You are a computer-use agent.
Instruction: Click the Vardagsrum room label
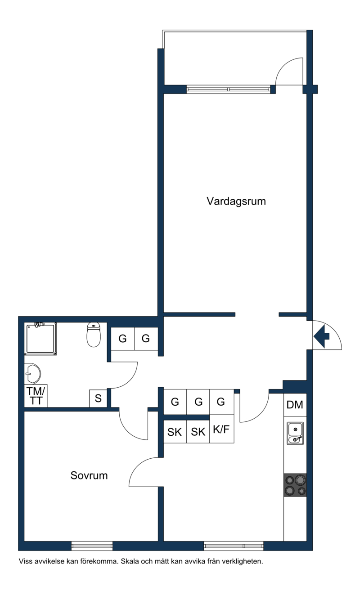236,201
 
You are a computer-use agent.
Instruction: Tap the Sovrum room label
89,475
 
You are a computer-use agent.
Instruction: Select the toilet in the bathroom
94,335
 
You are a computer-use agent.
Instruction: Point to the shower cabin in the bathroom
40,339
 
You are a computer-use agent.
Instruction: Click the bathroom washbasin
32,373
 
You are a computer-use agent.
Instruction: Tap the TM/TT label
36,396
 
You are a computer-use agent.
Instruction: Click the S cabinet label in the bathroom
98,398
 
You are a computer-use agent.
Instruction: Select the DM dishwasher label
295,405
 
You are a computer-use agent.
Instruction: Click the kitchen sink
295,433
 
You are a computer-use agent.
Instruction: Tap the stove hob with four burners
295,485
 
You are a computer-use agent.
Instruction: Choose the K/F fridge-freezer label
221,429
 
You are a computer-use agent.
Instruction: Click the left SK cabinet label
175,432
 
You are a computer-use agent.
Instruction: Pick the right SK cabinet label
198,432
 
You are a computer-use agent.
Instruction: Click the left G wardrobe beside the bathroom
122,338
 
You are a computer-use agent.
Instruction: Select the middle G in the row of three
198,402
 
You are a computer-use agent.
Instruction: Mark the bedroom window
92,546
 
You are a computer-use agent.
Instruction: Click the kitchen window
234,546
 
